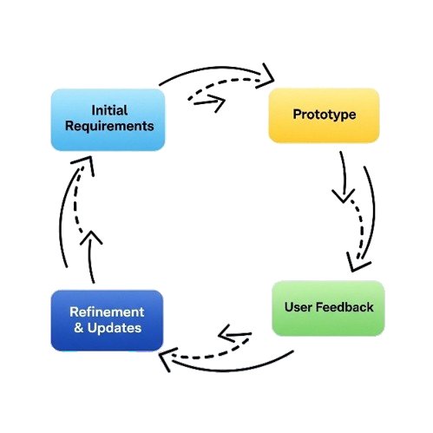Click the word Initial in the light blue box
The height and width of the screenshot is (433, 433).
[x=109, y=110]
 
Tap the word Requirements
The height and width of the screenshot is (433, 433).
[x=109, y=127]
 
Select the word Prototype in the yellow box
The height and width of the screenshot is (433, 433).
[x=325, y=115]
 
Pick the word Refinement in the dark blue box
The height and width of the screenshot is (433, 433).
[x=107, y=312]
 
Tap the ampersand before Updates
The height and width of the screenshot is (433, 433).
[x=79, y=328]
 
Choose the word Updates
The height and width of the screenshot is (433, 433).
[x=115, y=328]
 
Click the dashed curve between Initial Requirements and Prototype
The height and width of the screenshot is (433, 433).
[x=221, y=82]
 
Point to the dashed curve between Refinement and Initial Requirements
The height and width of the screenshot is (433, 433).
[x=75, y=202]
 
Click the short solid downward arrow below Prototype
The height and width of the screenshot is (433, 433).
[x=344, y=180]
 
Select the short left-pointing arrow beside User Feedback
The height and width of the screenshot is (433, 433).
[x=235, y=334]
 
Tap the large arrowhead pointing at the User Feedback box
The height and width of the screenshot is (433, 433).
[x=357, y=263]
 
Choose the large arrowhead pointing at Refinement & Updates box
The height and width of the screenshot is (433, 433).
[x=167, y=358]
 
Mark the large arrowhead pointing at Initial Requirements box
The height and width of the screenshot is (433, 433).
[x=84, y=164]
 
